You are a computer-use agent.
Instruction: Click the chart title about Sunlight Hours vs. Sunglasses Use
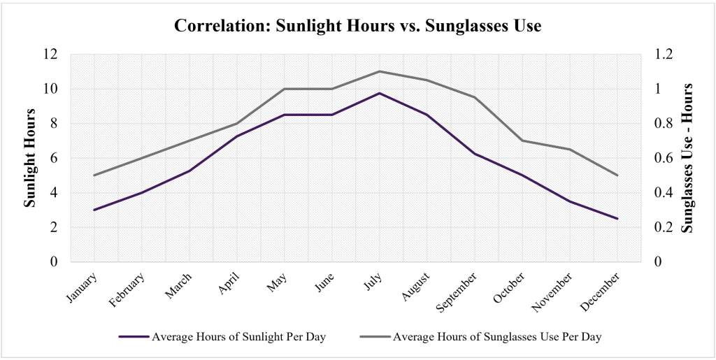(358, 27)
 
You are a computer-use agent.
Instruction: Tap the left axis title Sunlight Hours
(30, 157)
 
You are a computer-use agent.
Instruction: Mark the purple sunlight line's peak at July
(380, 93)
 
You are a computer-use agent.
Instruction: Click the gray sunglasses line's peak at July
(380, 71)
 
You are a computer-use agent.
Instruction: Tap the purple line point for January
(94, 210)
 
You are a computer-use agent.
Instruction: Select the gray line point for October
(522, 141)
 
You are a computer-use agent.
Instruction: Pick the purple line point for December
(617, 219)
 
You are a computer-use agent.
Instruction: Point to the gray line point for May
(285, 89)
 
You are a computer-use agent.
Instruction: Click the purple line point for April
(237, 136)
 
